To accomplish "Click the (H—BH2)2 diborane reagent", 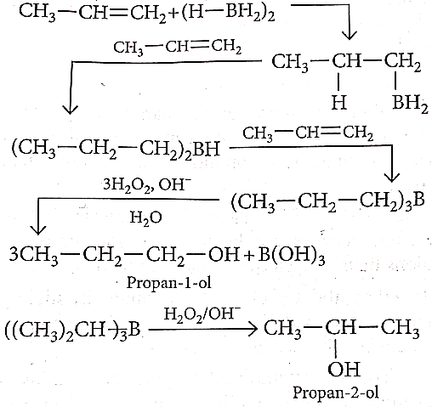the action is click(x=228, y=14).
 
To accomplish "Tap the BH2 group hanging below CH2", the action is click(x=410, y=104).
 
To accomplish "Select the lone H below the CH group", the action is click(x=339, y=102).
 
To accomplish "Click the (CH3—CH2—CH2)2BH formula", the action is click(x=116, y=149).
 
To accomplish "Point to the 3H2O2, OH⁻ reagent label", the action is click(x=147, y=185).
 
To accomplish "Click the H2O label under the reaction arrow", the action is click(x=146, y=218).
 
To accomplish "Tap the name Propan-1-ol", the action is click(x=169, y=282).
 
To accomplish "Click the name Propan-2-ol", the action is click(x=336, y=393).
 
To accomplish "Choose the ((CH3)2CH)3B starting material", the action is click(x=72, y=331).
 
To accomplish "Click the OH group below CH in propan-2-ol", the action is click(x=344, y=370).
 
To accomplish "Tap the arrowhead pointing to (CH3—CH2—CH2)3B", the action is click(x=392, y=178).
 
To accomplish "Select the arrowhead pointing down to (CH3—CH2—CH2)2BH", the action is click(x=70, y=110).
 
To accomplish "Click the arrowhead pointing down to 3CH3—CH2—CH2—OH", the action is click(x=37, y=229).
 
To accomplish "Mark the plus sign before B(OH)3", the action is click(x=249, y=257).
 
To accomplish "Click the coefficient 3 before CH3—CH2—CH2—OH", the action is click(x=14, y=254).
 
